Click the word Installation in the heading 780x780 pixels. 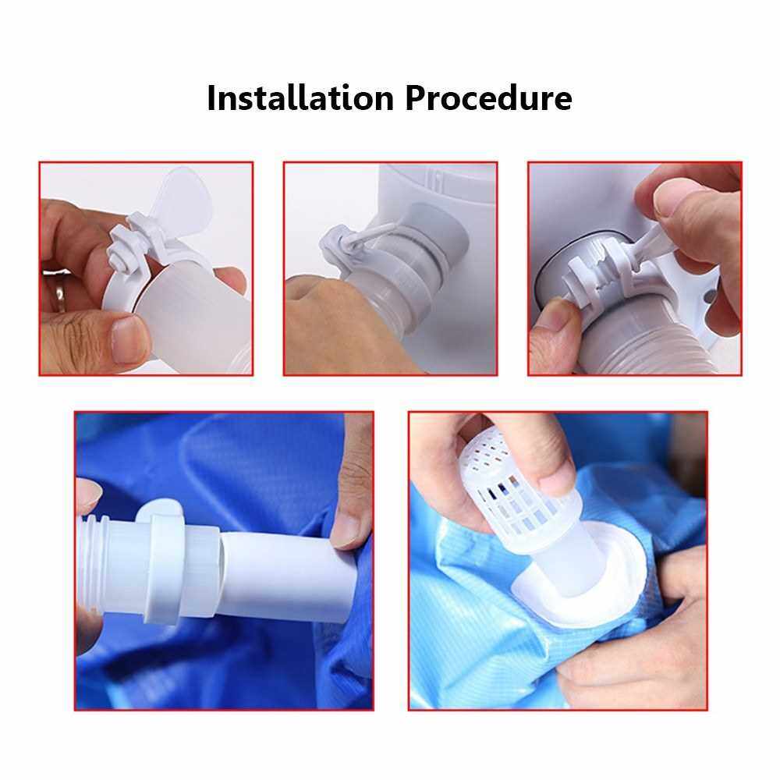[300, 98]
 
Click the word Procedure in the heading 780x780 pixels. [488, 98]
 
